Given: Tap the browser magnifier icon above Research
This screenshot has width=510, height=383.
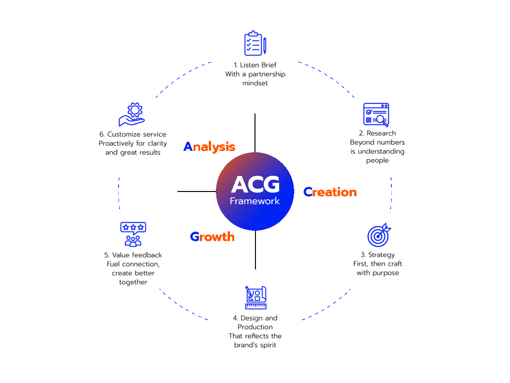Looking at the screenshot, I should click(x=376, y=115).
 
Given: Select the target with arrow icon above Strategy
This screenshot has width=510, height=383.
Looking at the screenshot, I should click(x=379, y=235).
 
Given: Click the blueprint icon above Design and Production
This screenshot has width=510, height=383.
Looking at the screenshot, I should click(x=255, y=298).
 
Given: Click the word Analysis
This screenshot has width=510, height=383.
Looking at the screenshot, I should click(x=209, y=147).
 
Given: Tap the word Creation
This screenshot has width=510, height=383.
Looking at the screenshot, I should click(x=330, y=192).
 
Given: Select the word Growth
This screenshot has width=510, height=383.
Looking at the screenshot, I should click(x=212, y=236).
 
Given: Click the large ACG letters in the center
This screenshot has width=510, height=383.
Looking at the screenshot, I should click(x=255, y=185).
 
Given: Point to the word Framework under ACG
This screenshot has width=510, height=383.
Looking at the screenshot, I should click(x=255, y=201).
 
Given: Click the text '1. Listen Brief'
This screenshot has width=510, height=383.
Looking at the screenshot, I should click(x=255, y=65).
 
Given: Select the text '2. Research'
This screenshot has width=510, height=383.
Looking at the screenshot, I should click(x=377, y=133).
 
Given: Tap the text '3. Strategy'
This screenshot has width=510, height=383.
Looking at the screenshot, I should click(x=378, y=255).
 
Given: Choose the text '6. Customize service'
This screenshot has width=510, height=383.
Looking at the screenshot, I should click(x=133, y=134).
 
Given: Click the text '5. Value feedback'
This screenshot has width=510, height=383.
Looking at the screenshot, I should click(x=133, y=255).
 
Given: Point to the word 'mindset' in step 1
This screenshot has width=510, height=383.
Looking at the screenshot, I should click(x=255, y=83).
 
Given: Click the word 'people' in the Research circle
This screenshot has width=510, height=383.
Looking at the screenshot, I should click(x=377, y=160).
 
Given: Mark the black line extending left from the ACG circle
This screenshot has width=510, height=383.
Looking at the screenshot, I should click(x=196, y=191).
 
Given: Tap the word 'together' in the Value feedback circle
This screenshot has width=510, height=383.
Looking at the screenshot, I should click(x=133, y=282).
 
